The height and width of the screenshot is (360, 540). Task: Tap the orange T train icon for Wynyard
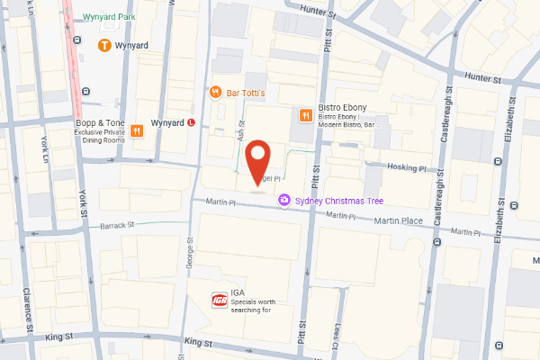click(105, 44)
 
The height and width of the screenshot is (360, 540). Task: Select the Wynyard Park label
click(115, 18)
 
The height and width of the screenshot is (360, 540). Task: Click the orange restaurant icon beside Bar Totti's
click(215, 91)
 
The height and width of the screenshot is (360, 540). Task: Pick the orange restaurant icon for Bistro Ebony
click(306, 114)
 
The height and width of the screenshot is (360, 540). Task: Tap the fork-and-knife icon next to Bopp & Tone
click(136, 130)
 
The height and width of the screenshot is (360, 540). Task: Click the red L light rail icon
click(192, 122)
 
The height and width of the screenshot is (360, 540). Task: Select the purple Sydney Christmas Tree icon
click(284, 200)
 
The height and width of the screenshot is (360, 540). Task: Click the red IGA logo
click(218, 299)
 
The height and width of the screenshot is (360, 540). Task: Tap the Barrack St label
click(117, 224)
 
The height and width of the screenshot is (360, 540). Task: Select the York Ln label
click(46, 143)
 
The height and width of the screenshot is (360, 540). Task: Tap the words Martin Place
click(399, 220)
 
